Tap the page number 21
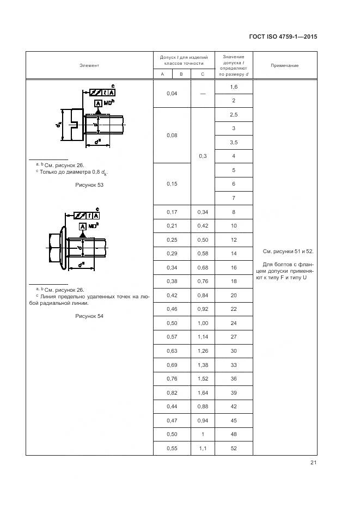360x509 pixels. (x=313, y=463)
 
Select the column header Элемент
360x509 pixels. (x=89, y=65)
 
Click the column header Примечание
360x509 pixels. (x=285, y=65)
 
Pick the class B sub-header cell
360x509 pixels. (x=181, y=74)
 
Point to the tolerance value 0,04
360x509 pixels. (x=172, y=94)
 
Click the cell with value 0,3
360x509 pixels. (x=202, y=156)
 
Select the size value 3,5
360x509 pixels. (x=234, y=142)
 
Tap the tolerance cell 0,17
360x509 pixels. (x=172, y=212)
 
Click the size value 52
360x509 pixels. (x=234, y=448)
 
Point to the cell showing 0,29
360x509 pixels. (x=172, y=254)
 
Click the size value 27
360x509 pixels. (x=234, y=337)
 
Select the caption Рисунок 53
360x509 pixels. (x=89, y=185)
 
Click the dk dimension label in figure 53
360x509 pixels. (x=58, y=125)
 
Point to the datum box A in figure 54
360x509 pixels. (x=82, y=226)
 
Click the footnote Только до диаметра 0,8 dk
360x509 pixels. (x=71, y=172)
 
